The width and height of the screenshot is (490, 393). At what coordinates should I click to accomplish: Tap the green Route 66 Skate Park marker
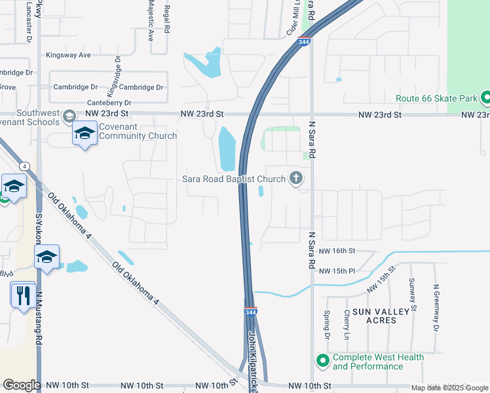coord(485,98)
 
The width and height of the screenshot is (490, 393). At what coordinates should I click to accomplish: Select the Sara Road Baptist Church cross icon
coord(296,178)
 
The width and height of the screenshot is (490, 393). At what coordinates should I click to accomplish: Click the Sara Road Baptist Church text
coord(234,179)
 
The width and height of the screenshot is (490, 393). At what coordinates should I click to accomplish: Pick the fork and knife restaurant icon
coord(24,295)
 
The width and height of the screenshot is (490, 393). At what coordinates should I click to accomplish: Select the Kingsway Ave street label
coord(68,56)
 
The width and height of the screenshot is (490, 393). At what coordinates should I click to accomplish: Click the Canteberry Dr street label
coord(109,103)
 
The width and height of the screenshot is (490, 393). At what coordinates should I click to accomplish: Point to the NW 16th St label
coord(337,251)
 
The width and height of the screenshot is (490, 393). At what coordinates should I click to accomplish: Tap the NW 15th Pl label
coord(337,271)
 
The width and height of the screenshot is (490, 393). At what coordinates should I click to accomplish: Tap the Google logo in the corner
coord(21,385)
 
